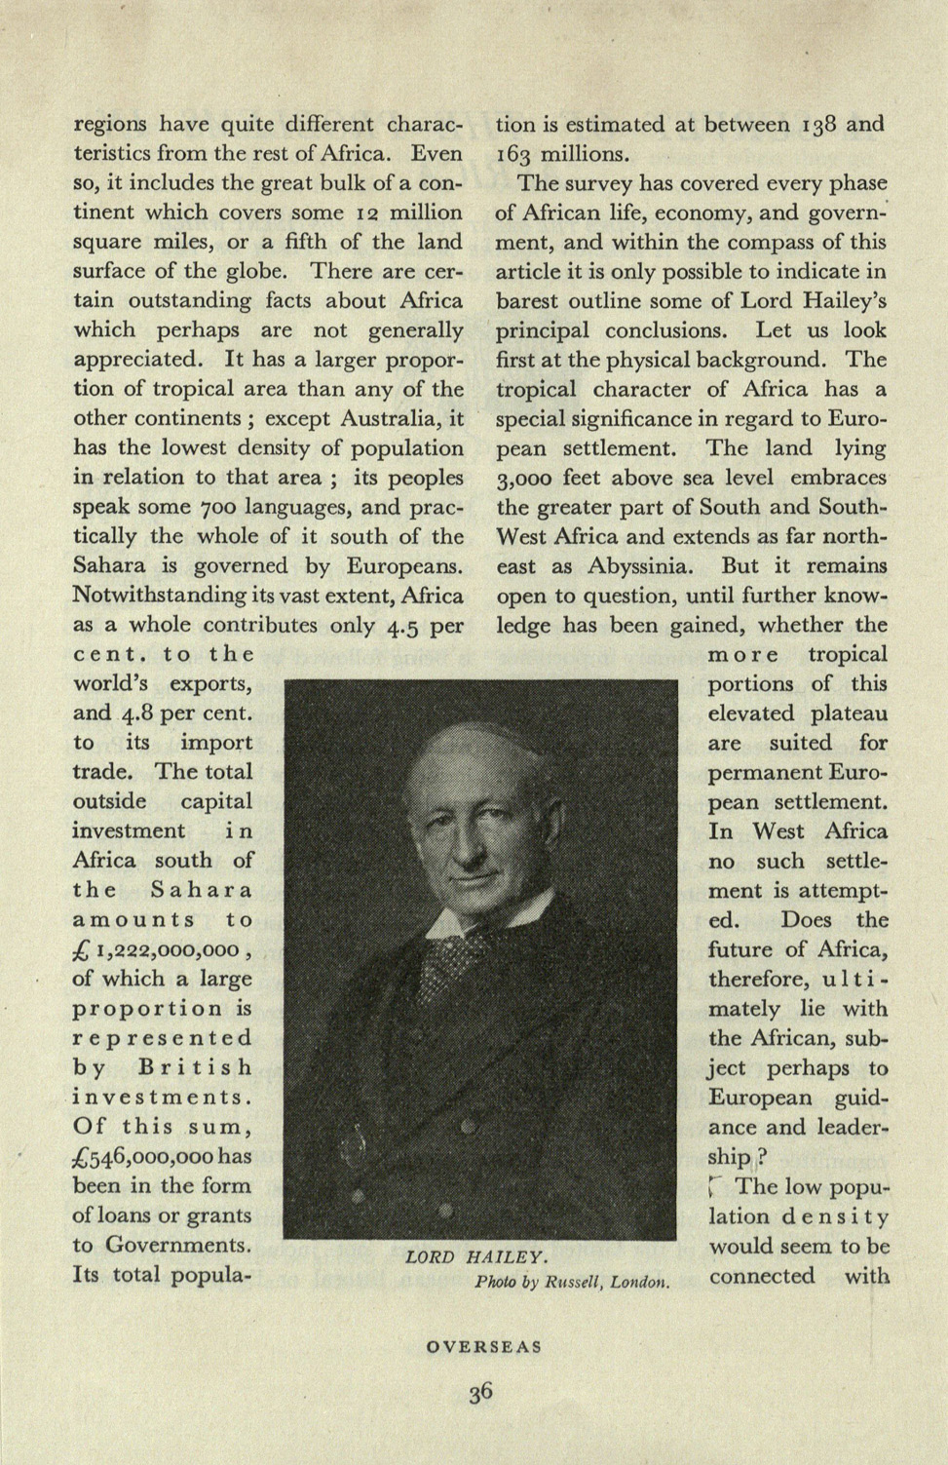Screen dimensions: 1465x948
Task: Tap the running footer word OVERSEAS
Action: pyautogui.click(x=484, y=1347)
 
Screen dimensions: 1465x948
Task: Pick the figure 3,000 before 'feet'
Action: pyautogui.click(x=524, y=479)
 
